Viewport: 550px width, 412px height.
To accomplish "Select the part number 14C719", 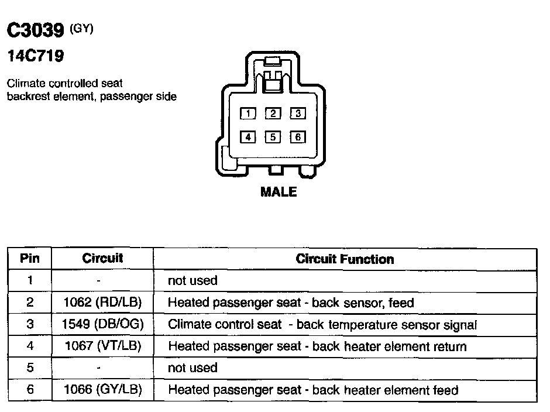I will (35, 57).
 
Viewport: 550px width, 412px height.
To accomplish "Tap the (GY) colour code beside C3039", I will (81, 28).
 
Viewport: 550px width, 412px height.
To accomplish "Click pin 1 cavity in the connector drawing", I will (249, 114).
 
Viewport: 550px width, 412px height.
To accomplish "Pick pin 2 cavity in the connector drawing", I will (273, 114).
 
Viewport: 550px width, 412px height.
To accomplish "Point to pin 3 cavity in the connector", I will (297, 114).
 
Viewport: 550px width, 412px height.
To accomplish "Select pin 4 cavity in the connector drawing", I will (249, 137).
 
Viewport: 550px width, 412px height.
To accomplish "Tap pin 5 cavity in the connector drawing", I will (273, 137).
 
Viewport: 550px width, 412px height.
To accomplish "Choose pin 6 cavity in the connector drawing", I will (297, 137).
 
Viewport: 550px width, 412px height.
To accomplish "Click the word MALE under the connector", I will (279, 192).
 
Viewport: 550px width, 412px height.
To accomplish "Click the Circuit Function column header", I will (345, 259).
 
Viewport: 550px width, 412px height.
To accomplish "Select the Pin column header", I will (30, 258).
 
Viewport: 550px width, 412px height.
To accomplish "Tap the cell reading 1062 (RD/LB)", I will (102, 303).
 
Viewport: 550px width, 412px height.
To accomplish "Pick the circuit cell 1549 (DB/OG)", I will (102, 324).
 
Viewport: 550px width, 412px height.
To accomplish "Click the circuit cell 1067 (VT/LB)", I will (102, 346).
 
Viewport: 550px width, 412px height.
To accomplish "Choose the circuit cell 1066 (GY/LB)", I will (102, 390).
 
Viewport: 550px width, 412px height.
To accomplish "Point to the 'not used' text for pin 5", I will (192, 368).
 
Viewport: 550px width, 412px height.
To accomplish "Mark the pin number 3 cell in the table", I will (30, 324).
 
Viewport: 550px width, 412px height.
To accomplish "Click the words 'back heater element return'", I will (390, 346).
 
